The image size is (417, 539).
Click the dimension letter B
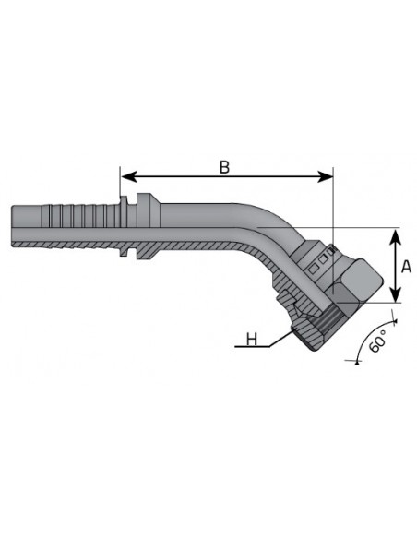tap(224, 167)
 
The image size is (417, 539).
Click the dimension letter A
tap(406, 266)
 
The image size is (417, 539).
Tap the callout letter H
tap(252, 340)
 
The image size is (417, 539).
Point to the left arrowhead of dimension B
tap(128, 176)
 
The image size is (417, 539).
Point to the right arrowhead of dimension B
tap(326, 176)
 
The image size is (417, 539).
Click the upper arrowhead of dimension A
tap(396, 236)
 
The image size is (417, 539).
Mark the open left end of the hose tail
tap(12, 226)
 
